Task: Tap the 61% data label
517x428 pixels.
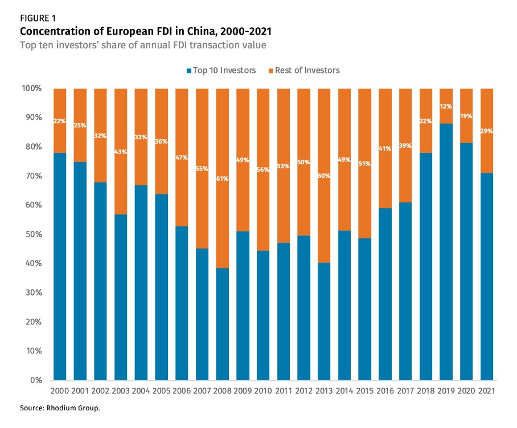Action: click(223, 178)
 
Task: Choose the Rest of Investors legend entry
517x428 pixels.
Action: click(307, 70)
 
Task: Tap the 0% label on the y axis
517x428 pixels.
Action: click(35, 380)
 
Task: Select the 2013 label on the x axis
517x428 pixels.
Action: click(324, 391)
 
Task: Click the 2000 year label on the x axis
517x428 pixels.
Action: click(60, 391)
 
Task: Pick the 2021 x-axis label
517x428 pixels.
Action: click(487, 391)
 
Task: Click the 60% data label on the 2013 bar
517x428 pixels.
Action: click(324, 176)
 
